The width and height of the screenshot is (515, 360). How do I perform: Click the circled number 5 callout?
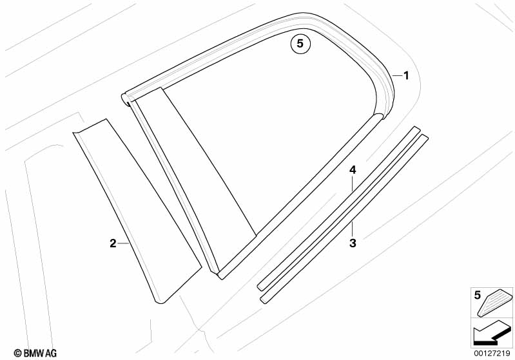pyautogui.click(x=300, y=44)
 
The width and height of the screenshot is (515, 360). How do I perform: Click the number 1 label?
pyautogui.click(x=406, y=76)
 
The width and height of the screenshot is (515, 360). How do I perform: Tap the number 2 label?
pyautogui.click(x=113, y=243)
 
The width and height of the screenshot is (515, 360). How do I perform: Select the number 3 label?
pyautogui.click(x=353, y=243)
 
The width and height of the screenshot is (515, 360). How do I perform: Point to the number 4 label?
pyautogui.click(x=353, y=169)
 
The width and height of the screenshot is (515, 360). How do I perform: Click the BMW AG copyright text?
pyautogui.click(x=35, y=353)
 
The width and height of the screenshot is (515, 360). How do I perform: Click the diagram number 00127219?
pyautogui.click(x=492, y=354)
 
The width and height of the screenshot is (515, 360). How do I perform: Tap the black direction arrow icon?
pyautogui.click(x=491, y=333)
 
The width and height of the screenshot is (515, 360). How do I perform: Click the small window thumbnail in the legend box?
pyautogui.click(x=495, y=303)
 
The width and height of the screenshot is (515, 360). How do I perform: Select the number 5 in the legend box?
pyautogui.click(x=477, y=296)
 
